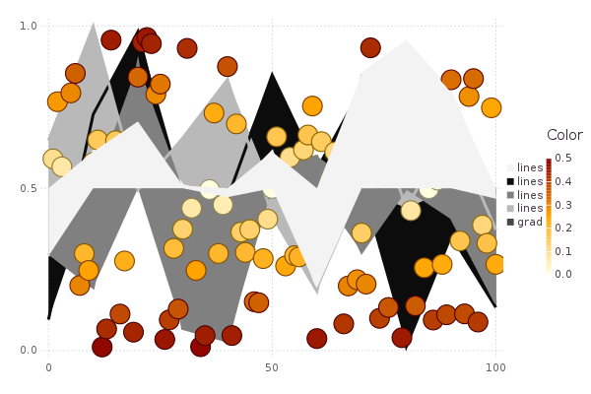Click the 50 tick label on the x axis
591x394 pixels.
(272, 367)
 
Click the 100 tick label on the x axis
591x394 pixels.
(495, 367)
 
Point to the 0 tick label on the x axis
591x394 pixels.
(48, 367)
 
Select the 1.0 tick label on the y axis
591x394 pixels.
(29, 26)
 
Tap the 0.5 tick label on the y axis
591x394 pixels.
(29, 188)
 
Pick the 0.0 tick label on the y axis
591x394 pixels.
(29, 351)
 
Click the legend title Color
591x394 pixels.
(564, 135)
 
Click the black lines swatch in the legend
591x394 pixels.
(510, 181)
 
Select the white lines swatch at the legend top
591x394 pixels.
(510, 168)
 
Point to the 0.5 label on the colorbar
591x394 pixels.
(562, 158)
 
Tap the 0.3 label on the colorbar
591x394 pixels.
(562, 205)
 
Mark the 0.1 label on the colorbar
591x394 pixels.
(562, 251)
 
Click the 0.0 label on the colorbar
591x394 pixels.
(562, 274)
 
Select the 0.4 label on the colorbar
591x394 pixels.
(562, 181)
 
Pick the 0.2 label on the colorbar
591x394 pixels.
(562, 228)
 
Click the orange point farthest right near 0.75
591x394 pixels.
(491, 107)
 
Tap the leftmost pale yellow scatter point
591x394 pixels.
(53, 159)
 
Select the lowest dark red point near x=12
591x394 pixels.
(102, 347)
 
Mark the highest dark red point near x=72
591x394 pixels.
(370, 47)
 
